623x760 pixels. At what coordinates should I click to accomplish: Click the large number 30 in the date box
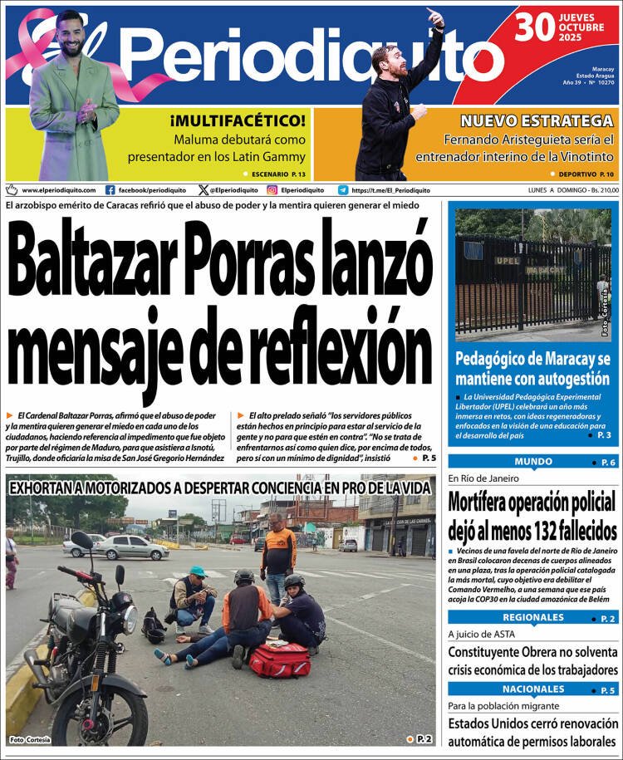[534, 27]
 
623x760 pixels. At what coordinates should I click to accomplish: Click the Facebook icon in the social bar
[110, 189]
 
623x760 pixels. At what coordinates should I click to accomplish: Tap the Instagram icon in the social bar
[272, 189]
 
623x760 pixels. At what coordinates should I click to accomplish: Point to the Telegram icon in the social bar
[343, 189]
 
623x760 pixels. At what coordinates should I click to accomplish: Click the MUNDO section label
[533, 462]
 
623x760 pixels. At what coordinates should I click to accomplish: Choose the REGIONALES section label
[533, 617]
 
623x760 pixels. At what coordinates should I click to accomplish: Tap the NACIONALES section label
[533, 689]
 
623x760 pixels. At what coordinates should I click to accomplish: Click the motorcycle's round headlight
[128, 619]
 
